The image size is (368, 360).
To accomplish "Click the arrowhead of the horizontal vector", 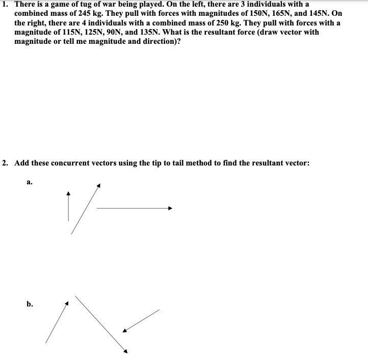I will (171, 208).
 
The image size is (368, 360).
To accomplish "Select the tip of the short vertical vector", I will (68, 193).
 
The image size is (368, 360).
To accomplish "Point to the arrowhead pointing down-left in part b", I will (124, 331).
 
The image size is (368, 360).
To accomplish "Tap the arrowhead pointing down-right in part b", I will (125, 351).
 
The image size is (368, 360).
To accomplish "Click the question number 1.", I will (4, 4).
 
